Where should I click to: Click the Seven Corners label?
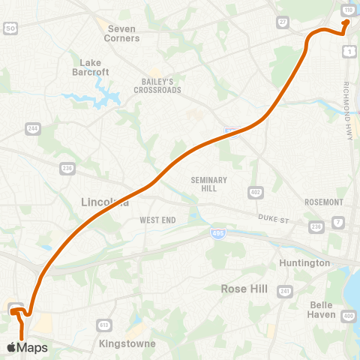pos(122,33)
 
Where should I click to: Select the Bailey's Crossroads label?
pos(158,85)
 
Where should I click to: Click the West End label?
pos(157,220)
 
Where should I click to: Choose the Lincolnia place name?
pos(104,202)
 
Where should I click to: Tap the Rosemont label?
pos(324,202)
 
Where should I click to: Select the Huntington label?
pos(304,263)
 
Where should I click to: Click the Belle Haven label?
pos(322,309)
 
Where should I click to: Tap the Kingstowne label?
pos(127,343)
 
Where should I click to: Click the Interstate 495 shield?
pos(214,235)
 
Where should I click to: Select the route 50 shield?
pos(10,28)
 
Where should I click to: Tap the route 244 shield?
pos(33,128)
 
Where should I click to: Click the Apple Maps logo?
pos(28,347)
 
